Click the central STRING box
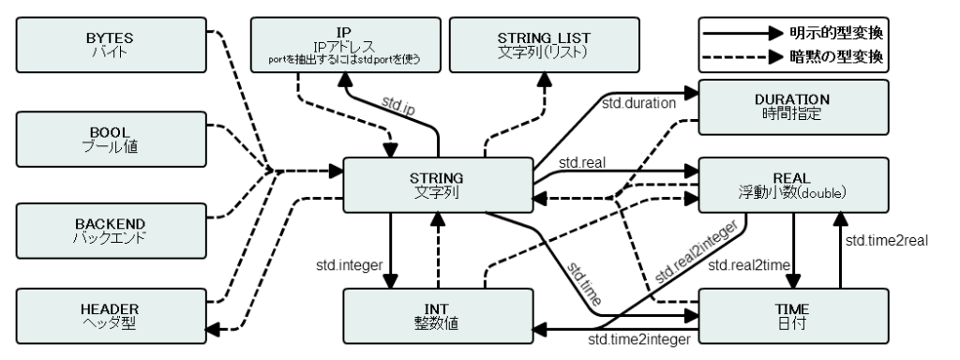click(x=436, y=184)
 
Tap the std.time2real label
click(x=887, y=241)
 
